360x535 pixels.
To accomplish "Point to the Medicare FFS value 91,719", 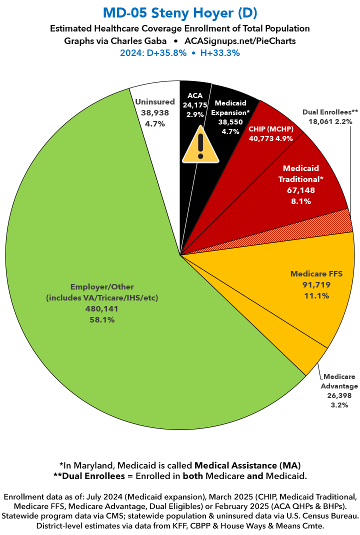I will click(x=316, y=285).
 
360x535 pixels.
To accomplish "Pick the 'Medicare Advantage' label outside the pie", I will click(x=340, y=381).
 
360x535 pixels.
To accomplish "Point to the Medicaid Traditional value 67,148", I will click(x=300, y=190).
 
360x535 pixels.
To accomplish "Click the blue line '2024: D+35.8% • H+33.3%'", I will click(x=180, y=52).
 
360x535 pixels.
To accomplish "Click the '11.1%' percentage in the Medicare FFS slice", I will click(x=316, y=296).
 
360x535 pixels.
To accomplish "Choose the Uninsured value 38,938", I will click(x=155, y=113).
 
